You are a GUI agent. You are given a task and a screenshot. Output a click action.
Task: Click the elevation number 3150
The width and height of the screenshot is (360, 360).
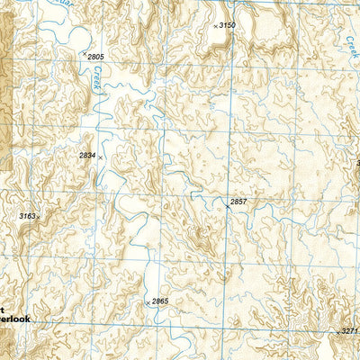[228, 25]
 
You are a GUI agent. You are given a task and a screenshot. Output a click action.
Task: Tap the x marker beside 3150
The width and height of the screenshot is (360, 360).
[216, 26]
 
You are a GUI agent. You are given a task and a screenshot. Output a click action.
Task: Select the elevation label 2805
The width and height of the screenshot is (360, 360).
[96, 57]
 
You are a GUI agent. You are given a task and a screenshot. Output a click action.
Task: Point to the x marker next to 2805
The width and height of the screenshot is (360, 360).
[85, 54]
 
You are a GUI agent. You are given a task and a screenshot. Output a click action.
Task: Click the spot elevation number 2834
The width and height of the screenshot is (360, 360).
[87, 156]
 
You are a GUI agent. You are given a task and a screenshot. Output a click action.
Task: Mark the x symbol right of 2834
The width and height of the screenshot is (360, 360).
[101, 157]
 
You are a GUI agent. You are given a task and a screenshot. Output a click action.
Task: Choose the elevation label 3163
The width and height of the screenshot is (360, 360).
[27, 216]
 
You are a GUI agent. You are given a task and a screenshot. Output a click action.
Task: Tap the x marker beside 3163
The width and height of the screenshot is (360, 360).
[39, 218]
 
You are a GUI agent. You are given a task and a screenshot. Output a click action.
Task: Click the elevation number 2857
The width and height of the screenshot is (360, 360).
[238, 201]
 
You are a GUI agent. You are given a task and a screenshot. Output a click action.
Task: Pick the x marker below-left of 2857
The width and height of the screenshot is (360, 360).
[227, 207]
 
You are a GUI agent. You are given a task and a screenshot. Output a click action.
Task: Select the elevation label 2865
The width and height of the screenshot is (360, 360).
[160, 301]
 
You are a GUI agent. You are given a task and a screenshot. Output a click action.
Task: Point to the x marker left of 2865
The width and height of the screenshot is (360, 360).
[148, 303]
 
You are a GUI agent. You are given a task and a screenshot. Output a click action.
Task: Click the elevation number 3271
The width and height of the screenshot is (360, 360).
[349, 331]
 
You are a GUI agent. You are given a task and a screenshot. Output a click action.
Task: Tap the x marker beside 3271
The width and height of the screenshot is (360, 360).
[338, 332]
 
